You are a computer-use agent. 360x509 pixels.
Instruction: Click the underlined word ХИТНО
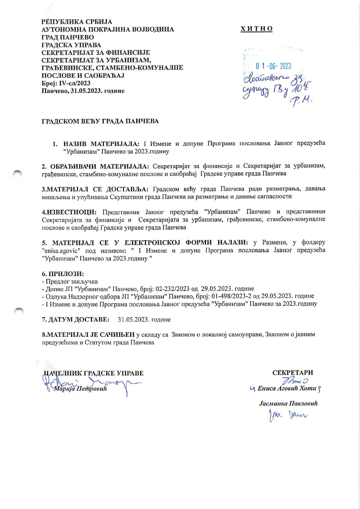[256, 29]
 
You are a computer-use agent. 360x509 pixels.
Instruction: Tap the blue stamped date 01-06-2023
[273, 66]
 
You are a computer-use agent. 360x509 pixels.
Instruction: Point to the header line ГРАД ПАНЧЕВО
[68, 37]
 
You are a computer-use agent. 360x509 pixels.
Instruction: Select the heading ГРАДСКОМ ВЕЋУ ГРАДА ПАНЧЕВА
[100, 121]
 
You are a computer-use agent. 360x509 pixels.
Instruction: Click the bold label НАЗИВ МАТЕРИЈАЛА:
[101, 144]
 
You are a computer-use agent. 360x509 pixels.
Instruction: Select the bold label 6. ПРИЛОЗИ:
[63, 274]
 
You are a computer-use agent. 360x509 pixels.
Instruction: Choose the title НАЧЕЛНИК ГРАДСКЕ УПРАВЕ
[93, 373]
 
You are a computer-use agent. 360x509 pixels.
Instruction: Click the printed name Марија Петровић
[80, 389]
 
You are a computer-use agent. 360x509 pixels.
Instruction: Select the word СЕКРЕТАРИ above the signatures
[293, 373]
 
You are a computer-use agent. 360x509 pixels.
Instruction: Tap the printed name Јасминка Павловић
[288, 404]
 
